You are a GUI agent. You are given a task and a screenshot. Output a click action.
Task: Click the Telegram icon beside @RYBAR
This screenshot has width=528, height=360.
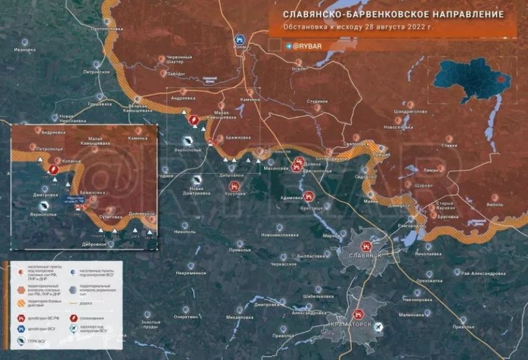pos(289,46)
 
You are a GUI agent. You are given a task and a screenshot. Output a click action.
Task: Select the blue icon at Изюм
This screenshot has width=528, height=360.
pos(240,39)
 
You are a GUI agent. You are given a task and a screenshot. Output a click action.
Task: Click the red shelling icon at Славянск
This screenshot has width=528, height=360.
pos(366,246)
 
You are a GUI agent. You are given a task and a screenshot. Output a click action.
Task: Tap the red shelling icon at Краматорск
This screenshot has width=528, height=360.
pos(358,315)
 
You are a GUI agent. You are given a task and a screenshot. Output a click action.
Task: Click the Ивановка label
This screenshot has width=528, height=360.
pos(25,50)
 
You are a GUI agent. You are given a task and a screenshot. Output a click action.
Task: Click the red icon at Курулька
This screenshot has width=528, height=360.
pos(234,185)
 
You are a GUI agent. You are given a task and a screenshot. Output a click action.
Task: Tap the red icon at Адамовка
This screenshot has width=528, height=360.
pos(309,196)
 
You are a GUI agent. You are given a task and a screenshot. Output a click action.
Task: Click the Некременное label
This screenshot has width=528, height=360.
pos(191,273)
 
